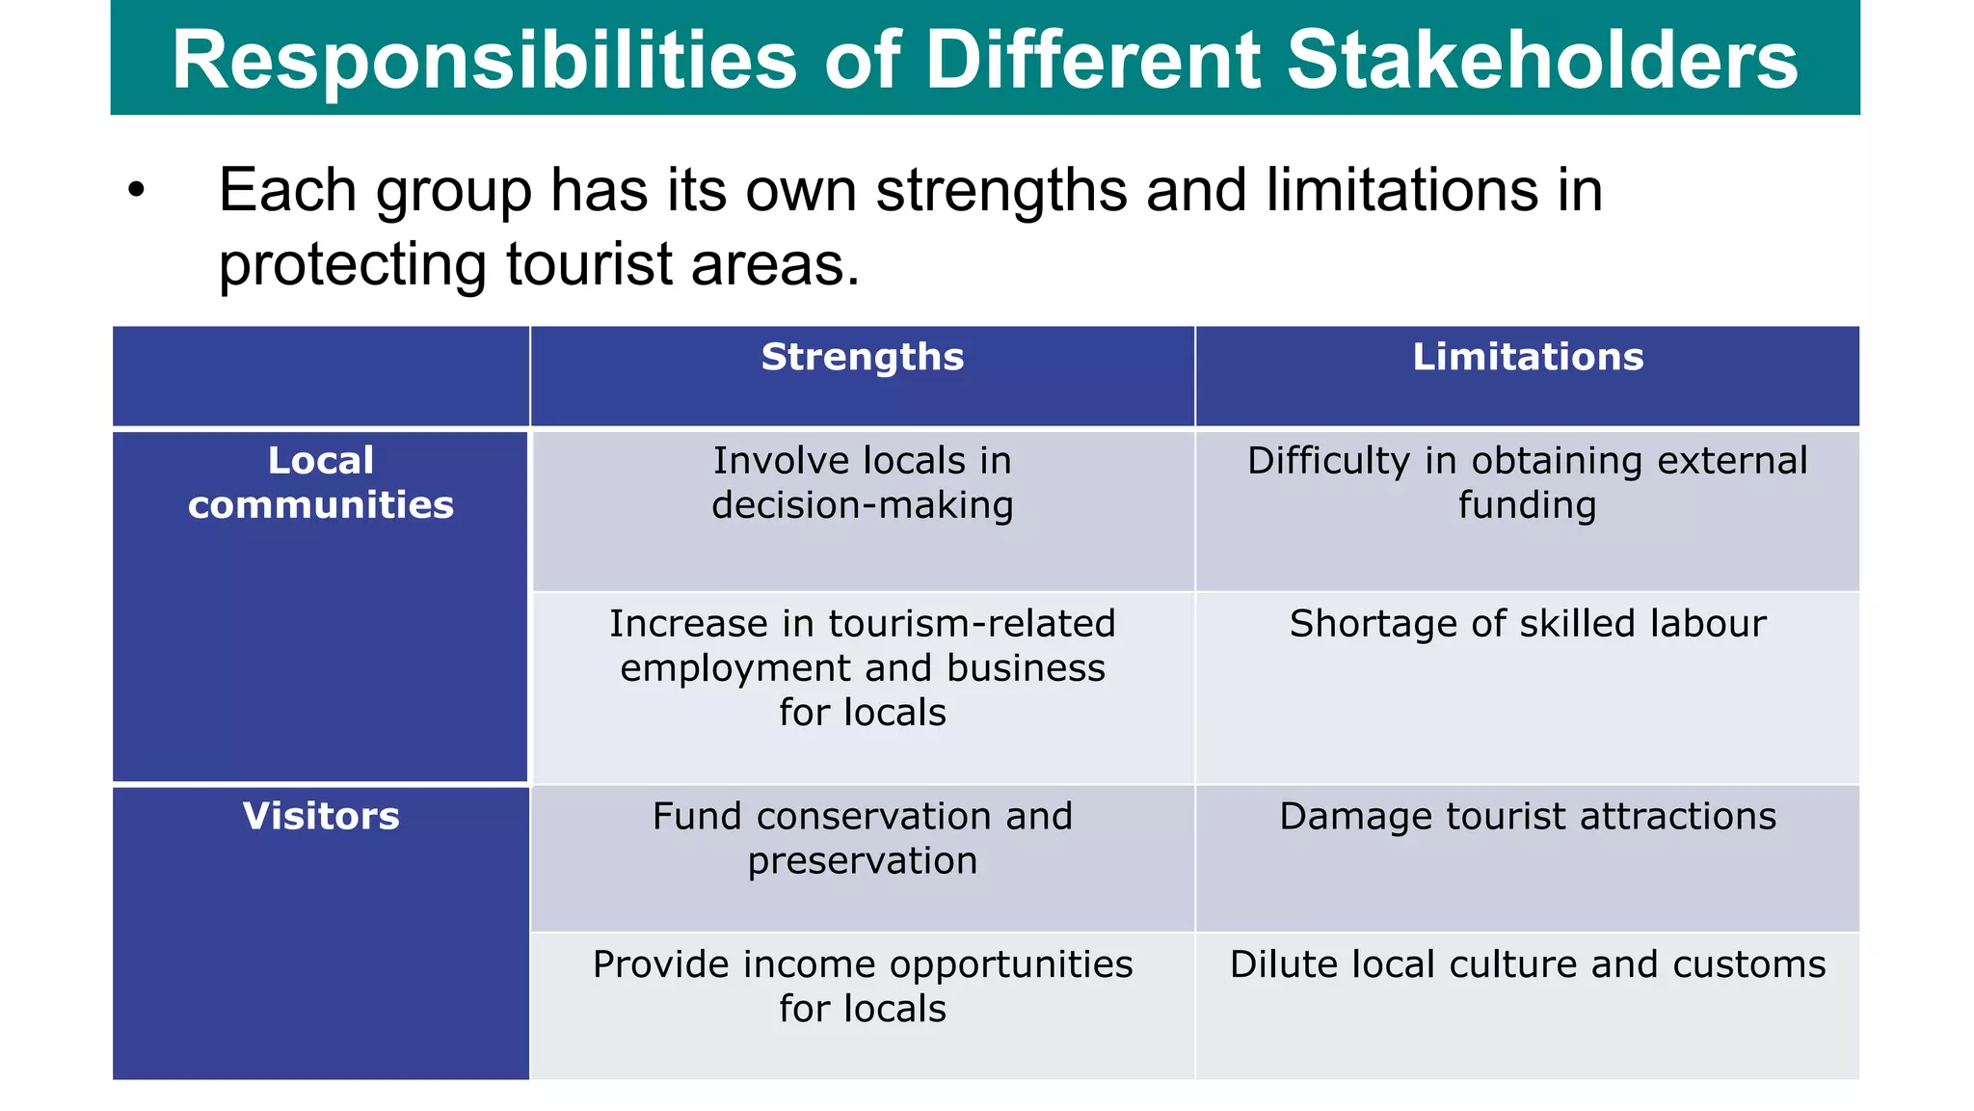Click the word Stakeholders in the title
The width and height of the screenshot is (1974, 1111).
(1542, 60)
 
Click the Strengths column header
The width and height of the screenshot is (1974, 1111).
(863, 358)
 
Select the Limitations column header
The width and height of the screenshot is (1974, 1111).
(1528, 358)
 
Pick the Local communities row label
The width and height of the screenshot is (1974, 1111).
(321, 482)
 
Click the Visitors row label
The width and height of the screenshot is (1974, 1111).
(321, 817)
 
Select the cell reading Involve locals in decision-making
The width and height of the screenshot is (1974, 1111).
(863, 482)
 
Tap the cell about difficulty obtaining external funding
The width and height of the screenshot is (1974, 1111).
(1528, 482)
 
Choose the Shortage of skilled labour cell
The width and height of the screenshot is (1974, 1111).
(1528, 624)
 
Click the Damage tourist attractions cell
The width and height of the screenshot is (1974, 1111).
(1528, 817)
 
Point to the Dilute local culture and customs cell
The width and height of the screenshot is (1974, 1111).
(1528, 964)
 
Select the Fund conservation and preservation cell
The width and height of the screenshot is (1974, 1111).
(863, 838)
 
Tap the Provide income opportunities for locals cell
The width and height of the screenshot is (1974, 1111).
(863, 986)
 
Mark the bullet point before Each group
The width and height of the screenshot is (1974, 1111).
(136, 191)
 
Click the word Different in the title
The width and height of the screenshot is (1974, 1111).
(1093, 60)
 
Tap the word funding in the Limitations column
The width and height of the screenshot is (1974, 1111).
(1527, 505)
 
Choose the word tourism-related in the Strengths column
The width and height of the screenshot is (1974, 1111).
(973, 624)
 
